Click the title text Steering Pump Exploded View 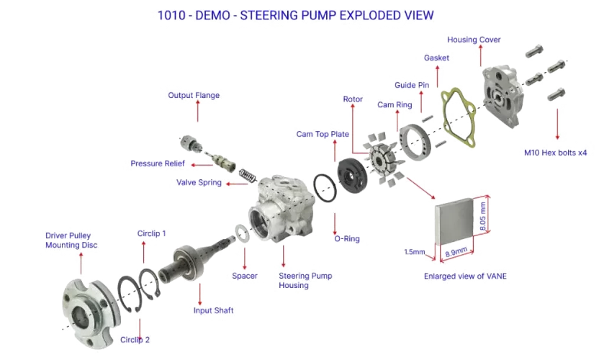[x=296, y=14]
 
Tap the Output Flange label [x=194, y=95]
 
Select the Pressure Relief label [x=158, y=164]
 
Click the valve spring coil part [x=246, y=174]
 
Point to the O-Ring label [x=347, y=238]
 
